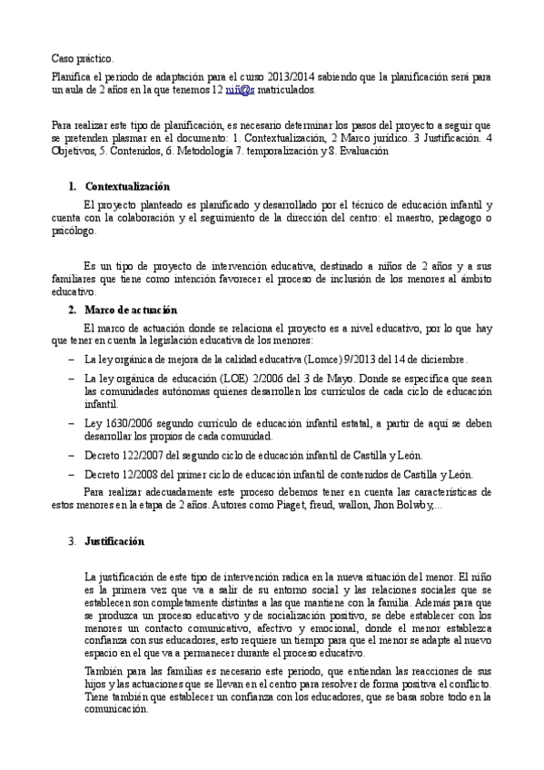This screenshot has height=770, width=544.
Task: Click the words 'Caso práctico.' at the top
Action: tap(82, 58)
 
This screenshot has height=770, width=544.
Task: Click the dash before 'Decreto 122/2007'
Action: tap(72, 455)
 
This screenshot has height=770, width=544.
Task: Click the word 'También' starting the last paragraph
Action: tap(103, 670)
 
